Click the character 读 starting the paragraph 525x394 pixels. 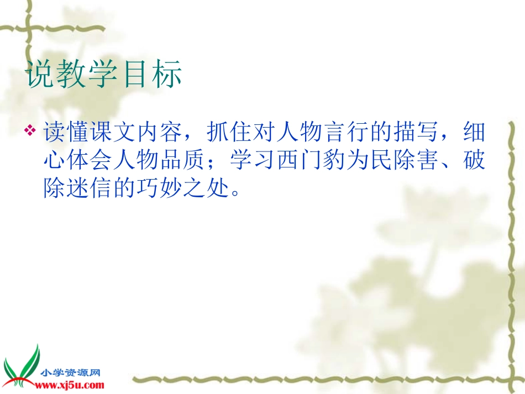click(55, 133)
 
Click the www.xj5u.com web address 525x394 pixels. click(72, 385)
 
